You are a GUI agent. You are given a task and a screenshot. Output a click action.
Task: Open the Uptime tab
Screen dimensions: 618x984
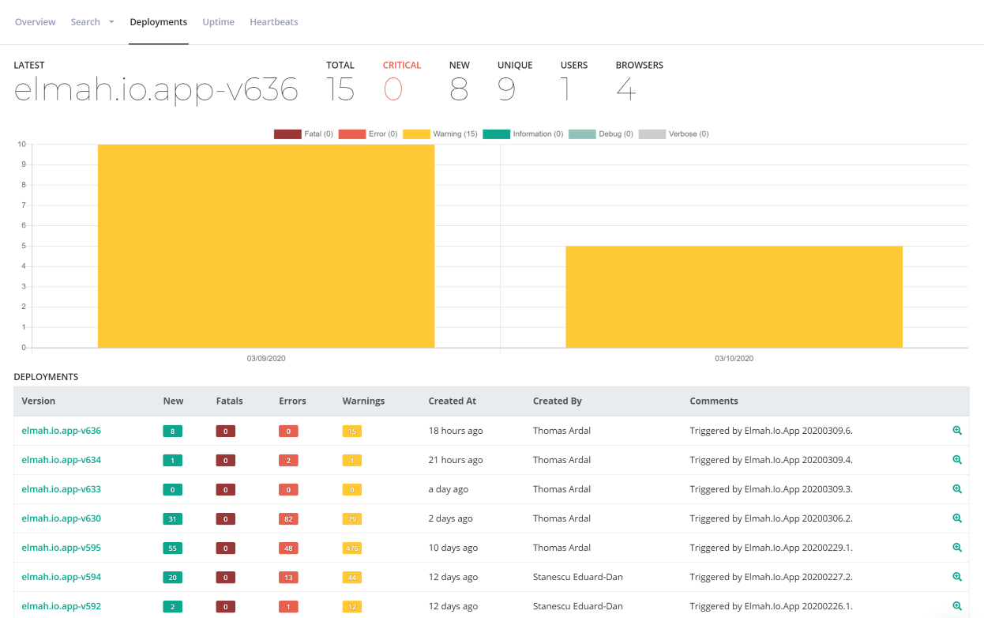tap(218, 22)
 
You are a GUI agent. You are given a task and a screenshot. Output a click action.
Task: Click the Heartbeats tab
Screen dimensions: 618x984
tap(274, 22)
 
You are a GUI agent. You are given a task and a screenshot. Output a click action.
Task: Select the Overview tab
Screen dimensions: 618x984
tap(35, 22)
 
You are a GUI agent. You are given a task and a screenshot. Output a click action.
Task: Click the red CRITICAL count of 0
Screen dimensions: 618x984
tap(393, 89)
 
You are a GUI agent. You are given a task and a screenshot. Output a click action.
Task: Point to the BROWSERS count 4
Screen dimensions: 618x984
tap(626, 89)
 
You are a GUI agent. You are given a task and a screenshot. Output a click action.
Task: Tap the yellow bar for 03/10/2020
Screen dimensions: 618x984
tap(734, 296)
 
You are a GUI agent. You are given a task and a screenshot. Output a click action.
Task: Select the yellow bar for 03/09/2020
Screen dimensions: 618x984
tap(266, 246)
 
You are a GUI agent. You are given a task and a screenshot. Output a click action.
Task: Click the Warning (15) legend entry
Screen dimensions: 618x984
tap(440, 134)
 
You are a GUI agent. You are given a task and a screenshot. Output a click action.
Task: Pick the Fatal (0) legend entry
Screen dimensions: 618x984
tap(303, 134)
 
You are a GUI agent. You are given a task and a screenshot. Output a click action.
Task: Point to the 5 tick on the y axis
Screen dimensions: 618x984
tap(24, 246)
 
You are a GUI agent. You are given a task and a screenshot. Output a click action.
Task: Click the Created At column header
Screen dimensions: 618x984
tap(452, 401)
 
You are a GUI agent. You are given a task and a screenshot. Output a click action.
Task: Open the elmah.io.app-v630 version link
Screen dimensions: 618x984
tap(62, 518)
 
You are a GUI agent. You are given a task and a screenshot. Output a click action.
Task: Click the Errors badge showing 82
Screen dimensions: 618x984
tap(288, 519)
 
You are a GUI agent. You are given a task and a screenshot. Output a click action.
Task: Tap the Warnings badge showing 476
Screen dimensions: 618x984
tap(352, 548)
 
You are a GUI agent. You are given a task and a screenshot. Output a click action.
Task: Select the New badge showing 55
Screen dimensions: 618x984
tap(172, 548)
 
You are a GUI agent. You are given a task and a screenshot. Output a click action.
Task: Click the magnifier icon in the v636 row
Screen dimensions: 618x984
tap(956, 431)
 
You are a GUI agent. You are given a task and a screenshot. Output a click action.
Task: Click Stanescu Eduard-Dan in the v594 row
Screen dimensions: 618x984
tap(577, 577)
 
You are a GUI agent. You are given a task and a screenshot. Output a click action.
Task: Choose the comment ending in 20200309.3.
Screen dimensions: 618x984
tap(771, 489)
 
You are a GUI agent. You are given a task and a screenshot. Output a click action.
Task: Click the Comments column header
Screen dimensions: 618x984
tap(714, 401)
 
